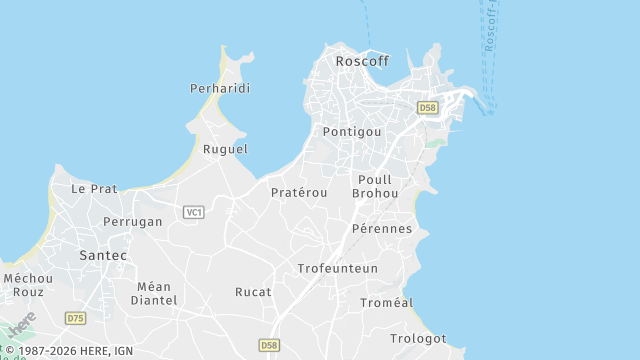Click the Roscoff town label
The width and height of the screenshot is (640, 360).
pos(362,61)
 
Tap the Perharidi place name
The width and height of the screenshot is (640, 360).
pos(220,89)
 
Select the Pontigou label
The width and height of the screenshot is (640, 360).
pos(353,132)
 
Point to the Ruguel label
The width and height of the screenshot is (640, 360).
pos(225,149)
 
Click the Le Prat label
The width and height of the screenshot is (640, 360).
pos(94,188)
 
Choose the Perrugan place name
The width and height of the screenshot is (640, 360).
pos(133,222)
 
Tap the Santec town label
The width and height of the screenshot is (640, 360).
pos(103,256)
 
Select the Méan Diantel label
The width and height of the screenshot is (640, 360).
pos(155,293)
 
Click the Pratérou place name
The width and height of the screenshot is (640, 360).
pos(299,192)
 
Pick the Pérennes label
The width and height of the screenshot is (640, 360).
pos(382,229)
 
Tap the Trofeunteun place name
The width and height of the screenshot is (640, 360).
pos(338,269)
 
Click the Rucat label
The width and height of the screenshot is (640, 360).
pos(253,292)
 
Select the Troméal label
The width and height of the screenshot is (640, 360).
pos(387,302)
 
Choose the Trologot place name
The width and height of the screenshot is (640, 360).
pos(418,339)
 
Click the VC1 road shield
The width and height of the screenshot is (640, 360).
pos(194,212)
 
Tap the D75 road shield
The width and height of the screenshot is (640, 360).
pos(75,318)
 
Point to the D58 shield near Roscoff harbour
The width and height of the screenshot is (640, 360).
pos(428,108)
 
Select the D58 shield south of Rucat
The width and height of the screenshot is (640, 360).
pos(269,345)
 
